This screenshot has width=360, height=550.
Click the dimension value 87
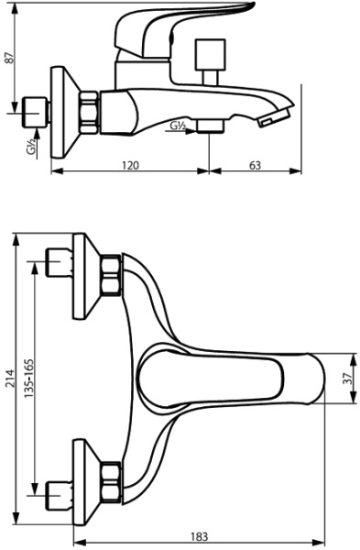[x=9, y=56]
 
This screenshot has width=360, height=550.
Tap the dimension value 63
[x=256, y=165]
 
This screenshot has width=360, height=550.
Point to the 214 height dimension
[x=8, y=375]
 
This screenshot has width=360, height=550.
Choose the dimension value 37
[x=349, y=378]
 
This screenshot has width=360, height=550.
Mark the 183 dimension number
[x=200, y=536]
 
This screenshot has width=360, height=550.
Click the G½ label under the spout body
[x=180, y=126]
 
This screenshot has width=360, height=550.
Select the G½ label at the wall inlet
[x=32, y=147]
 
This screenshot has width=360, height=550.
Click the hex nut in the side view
[x=91, y=113]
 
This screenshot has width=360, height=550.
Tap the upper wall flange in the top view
[x=83, y=275]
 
